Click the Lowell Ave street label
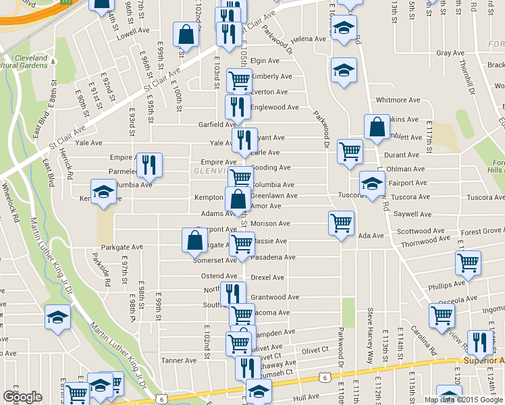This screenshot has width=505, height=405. click(x=132, y=31)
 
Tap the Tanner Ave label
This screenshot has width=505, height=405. click(x=178, y=360)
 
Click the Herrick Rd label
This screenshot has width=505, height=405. click(x=65, y=165)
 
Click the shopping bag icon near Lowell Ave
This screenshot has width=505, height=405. click(x=185, y=34)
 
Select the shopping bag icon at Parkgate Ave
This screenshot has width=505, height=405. click(x=194, y=240)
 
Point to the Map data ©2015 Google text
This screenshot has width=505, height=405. click(x=463, y=400)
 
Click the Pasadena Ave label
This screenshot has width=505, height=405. click(x=273, y=257)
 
